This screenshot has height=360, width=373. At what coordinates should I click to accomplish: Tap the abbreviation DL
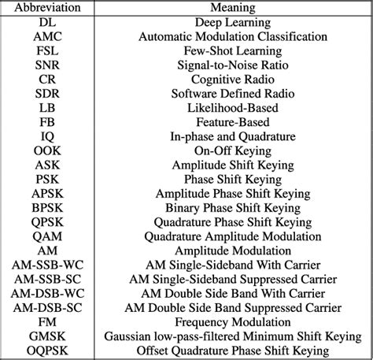(46, 23)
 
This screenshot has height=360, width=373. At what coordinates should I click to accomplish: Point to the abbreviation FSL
(46, 51)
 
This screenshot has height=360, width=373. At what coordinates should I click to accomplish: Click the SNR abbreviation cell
(46, 65)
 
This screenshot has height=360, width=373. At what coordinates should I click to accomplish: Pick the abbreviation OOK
(46, 150)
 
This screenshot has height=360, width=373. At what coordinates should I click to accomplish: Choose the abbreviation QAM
(46, 236)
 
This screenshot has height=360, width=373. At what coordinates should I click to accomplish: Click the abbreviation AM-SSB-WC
(46, 265)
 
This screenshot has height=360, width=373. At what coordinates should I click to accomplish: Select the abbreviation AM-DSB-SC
(46, 307)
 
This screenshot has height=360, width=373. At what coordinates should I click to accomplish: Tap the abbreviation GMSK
(46, 336)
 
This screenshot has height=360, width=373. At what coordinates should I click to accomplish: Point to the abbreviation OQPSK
(46, 350)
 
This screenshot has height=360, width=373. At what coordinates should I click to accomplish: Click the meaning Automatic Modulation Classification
(232, 37)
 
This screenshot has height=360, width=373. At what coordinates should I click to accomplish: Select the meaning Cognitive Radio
(232, 80)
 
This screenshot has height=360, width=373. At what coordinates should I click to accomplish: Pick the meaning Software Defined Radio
(232, 94)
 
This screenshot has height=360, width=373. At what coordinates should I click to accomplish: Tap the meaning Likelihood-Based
(232, 108)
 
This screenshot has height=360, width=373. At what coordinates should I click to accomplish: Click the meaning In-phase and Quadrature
(232, 136)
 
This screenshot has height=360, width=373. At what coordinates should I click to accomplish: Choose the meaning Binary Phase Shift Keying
(232, 207)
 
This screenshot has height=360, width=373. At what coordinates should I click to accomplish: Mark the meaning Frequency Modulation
(232, 321)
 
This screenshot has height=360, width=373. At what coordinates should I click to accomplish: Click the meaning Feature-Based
(232, 122)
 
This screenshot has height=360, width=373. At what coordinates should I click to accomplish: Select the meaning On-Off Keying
(232, 150)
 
